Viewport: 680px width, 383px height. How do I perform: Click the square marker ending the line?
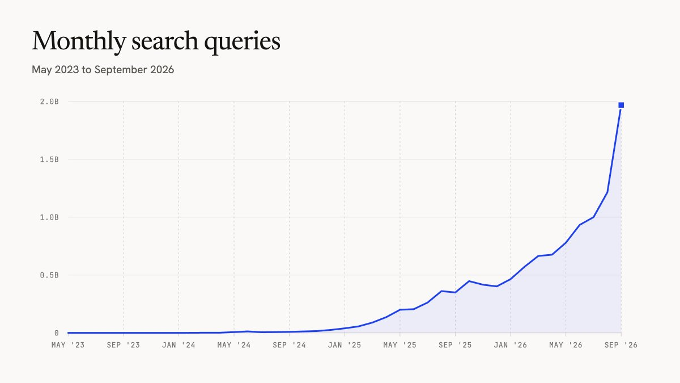pos(621,105)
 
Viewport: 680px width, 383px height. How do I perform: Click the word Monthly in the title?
pos(79,41)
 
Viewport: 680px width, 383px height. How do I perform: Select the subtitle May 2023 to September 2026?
pos(103,70)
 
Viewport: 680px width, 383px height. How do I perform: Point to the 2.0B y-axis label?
pos(49,102)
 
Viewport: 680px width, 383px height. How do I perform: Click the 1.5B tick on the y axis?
pos(49,159)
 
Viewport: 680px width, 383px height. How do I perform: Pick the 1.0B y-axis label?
pos(49,217)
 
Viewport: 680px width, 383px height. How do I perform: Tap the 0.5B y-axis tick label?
pos(49,275)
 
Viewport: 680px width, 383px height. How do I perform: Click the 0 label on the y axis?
pos(57,333)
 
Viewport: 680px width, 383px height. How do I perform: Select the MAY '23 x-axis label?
pos(68,345)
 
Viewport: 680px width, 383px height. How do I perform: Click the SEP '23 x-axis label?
pos(124,345)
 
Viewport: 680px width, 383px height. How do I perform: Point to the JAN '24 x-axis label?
pos(178,345)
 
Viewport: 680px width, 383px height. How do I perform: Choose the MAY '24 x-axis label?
pos(233,345)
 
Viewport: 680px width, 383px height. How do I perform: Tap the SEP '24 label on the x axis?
pos(290,345)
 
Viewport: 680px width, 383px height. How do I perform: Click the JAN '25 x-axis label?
pos(345,345)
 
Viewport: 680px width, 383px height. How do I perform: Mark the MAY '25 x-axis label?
pos(400,345)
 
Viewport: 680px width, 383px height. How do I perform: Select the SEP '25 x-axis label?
pos(455,345)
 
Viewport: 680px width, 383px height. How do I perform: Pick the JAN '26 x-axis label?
pos(511,345)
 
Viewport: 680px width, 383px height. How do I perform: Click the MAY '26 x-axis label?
pos(566,345)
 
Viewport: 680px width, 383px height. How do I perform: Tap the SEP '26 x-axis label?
pos(621,345)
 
